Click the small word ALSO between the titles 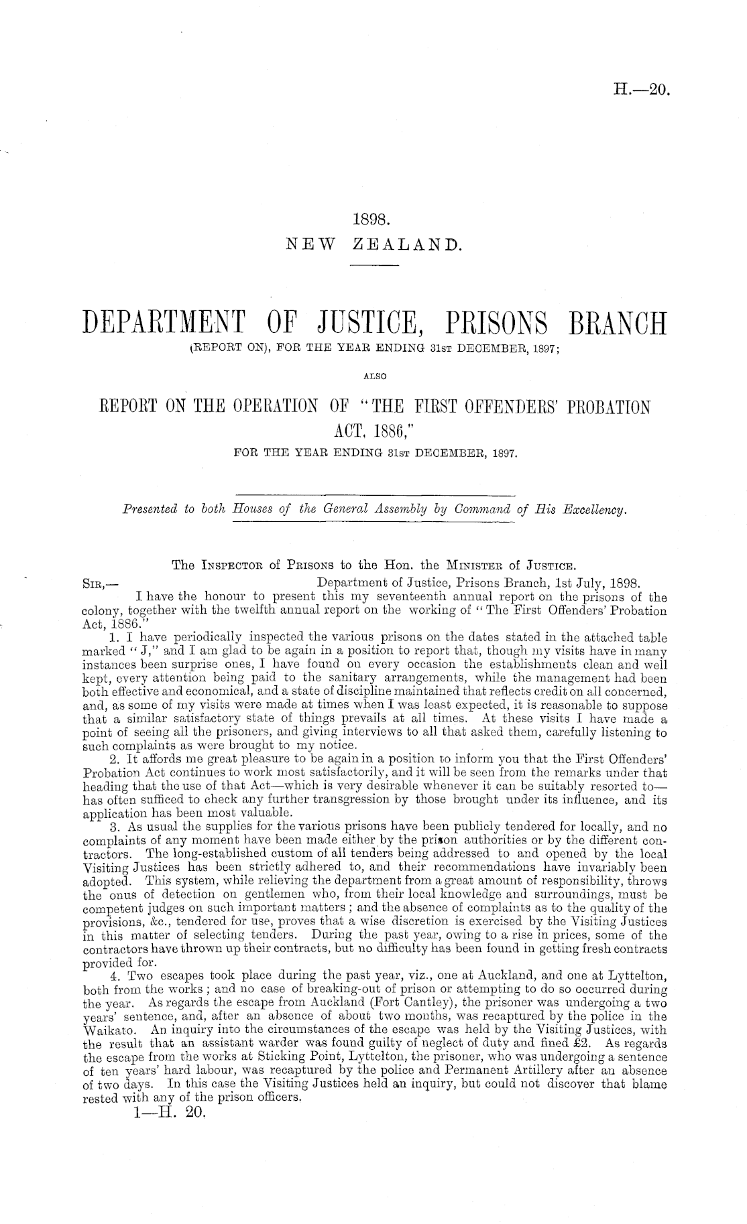point(373,377)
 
